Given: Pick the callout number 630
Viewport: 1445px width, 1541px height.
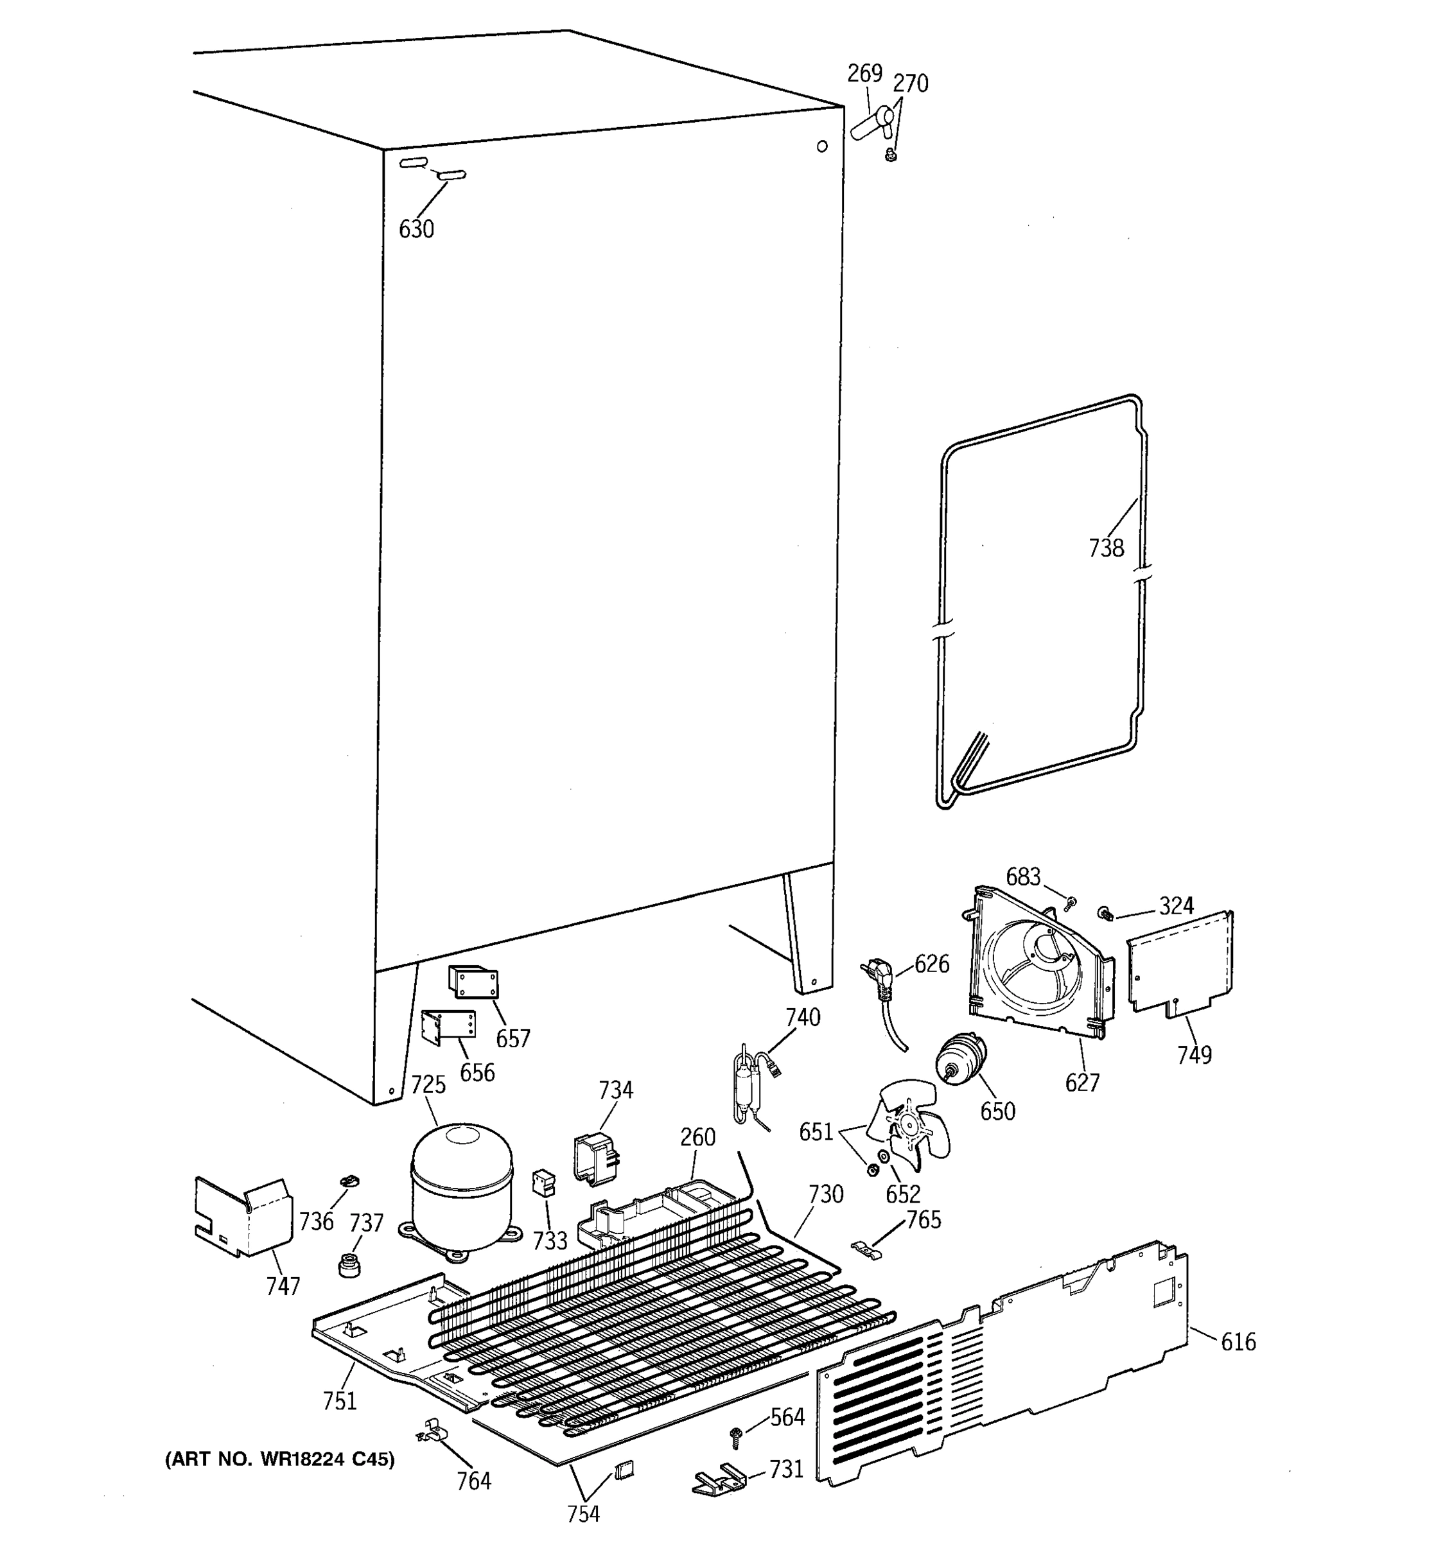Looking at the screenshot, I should point(416,229).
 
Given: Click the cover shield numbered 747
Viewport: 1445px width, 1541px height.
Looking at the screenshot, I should point(242,1216).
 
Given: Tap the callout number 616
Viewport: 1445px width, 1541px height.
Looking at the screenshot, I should point(1238,1342).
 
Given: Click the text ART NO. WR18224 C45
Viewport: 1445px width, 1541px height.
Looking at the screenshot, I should point(280,1459).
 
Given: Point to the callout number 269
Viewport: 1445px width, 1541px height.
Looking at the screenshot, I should point(864,73).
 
